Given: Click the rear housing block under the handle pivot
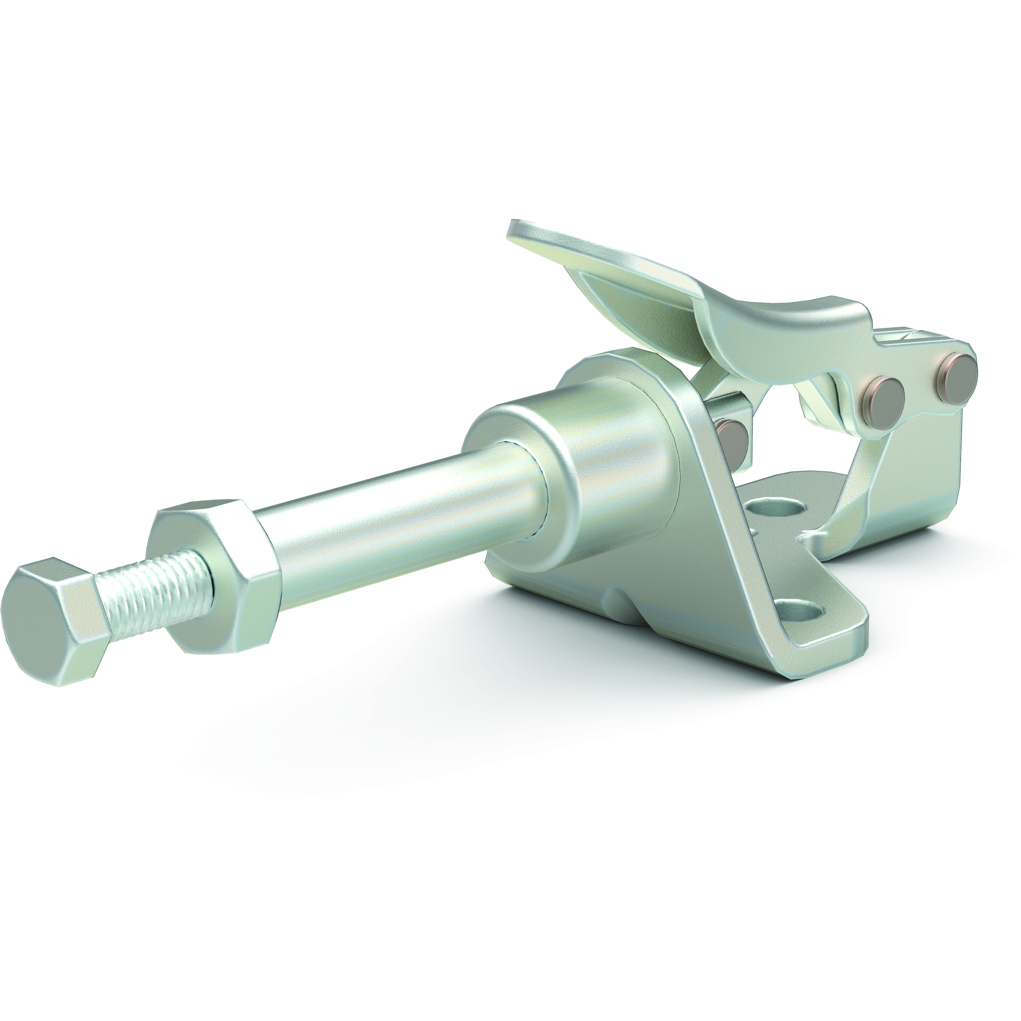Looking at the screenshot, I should (x=914, y=476).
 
